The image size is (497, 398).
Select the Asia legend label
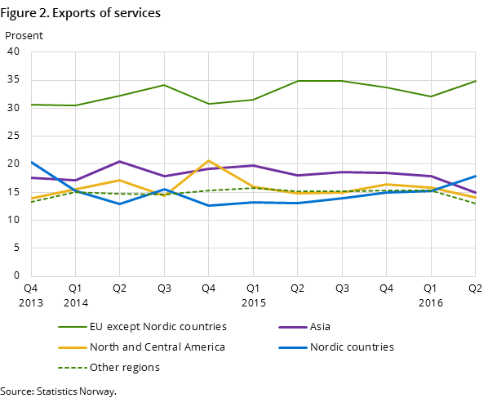point(320,327)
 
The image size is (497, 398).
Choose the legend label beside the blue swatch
point(352,347)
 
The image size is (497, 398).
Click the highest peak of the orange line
point(209,161)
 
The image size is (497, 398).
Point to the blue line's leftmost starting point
point(32,162)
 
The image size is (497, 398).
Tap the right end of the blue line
point(475,176)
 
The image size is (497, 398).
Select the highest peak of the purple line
point(120,162)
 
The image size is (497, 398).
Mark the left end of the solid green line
point(32,105)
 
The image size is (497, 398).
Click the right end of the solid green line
point(475,81)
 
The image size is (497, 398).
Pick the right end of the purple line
point(475,193)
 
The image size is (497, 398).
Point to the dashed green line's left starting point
point(32,202)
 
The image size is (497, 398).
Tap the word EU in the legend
point(97,327)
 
